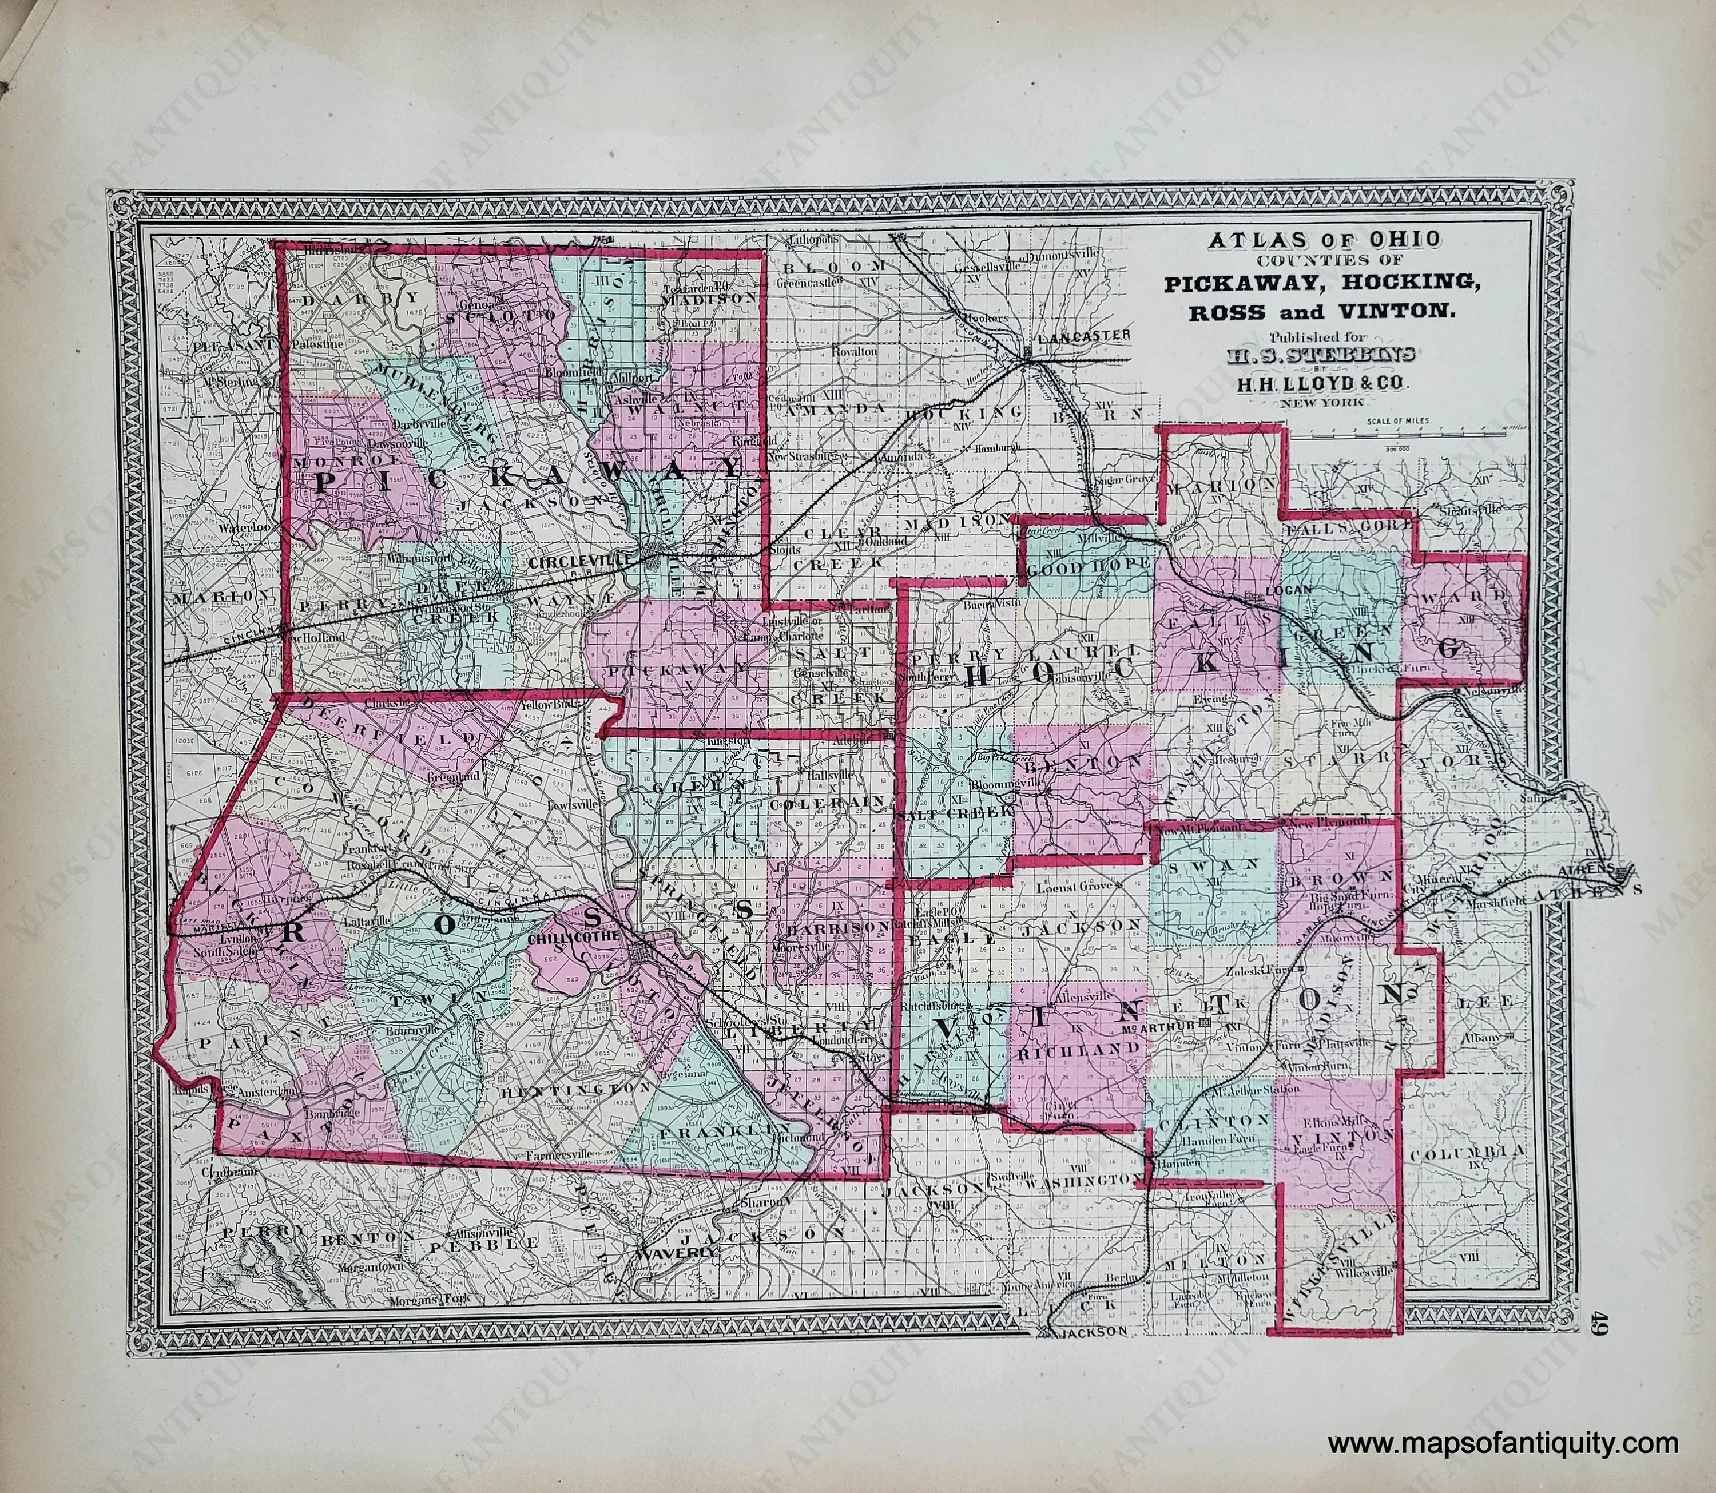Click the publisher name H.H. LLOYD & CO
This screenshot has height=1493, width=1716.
coord(1323,384)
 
